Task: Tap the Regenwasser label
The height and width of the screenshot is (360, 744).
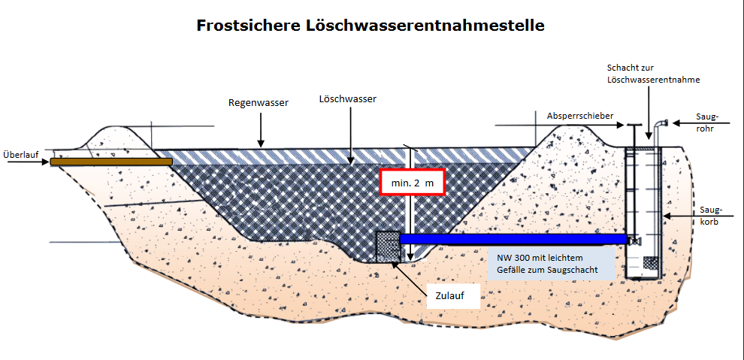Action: coord(259,102)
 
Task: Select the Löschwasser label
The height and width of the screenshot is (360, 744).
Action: coord(347,98)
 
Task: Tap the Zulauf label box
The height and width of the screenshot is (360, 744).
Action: coord(453,296)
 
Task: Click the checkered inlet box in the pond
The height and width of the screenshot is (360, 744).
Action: coord(387,245)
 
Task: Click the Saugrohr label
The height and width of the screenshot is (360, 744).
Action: coord(708,123)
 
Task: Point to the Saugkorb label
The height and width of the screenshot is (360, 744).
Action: coord(711,216)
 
